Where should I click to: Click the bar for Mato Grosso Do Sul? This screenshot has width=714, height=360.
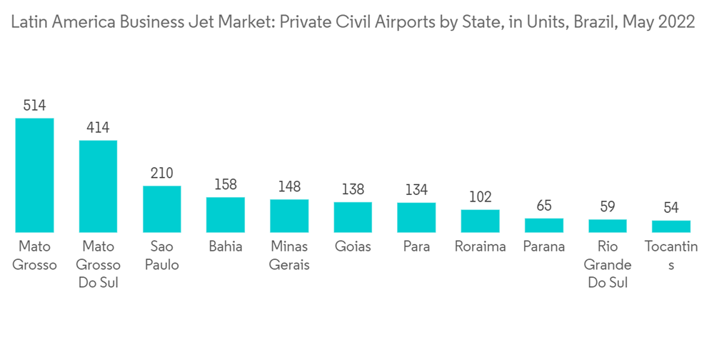tap(98, 186)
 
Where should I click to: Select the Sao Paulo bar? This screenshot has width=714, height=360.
tap(161, 209)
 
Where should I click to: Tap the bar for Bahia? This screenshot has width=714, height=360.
tap(226, 215)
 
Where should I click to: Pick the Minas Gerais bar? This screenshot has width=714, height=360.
tap(289, 216)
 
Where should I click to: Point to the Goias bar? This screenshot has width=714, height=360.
tap(353, 217)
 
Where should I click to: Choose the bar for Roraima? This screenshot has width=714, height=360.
tap(480, 221)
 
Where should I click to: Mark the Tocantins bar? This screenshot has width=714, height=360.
tap(671, 226)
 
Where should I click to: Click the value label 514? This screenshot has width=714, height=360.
tap(34, 106)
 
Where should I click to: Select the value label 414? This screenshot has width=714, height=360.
tap(98, 128)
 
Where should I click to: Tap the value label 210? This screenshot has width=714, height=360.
tap(161, 174)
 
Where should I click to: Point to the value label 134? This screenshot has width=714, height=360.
tap(416, 190)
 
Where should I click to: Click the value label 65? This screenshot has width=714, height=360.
tap(544, 206)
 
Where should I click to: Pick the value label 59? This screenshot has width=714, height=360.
tap(608, 207)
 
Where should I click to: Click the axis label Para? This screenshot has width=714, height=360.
tap(416, 247)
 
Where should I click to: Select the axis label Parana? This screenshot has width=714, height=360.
tap(544, 247)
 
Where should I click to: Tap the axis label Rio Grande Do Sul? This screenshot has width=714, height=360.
tap(608, 265)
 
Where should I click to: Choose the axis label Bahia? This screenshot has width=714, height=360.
tap(226, 247)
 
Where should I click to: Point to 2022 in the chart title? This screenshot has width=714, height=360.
tap(677, 22)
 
